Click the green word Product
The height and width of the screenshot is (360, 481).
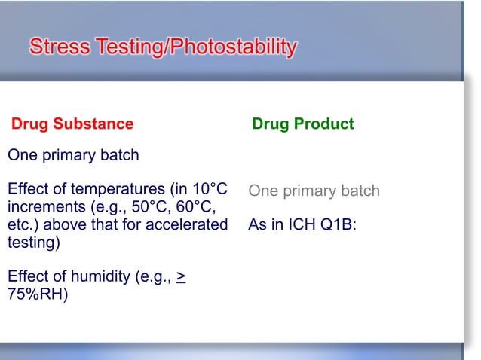click(x=325, y=124)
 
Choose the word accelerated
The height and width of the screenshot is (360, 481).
click(x=190, y=224)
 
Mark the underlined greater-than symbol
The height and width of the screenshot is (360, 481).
click(x=181, y=276)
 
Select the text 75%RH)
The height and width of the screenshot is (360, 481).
click(x=37, y=294)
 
